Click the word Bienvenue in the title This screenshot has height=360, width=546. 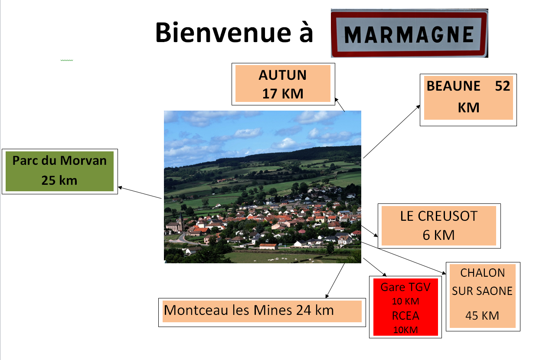tap(223, 33)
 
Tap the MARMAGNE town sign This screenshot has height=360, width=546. tap(409, 33)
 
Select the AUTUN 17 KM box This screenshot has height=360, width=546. tap(283, 84)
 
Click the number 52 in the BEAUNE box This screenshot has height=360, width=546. tap(502, 86)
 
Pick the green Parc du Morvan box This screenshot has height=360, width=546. tap(60, 171)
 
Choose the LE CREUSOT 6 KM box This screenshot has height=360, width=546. tap(439, 226)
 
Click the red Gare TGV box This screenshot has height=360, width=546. tap(405, 307)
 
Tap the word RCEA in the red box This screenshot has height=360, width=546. tap(405, 316)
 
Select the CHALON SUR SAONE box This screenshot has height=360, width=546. tap(483, 296)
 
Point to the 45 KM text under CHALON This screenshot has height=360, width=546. tap(482, 316)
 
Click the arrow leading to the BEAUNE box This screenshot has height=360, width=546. tap(392, 131)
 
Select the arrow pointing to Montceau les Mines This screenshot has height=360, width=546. tap(335, 281)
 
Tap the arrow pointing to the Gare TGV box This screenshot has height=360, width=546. tap(375, 267)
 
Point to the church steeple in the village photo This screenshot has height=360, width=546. tap(180, 219)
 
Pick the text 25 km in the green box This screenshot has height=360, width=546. tap(59, 180)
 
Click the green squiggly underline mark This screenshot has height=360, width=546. tap(66, 60)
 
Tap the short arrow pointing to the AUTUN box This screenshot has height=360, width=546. tap(340, 105)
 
